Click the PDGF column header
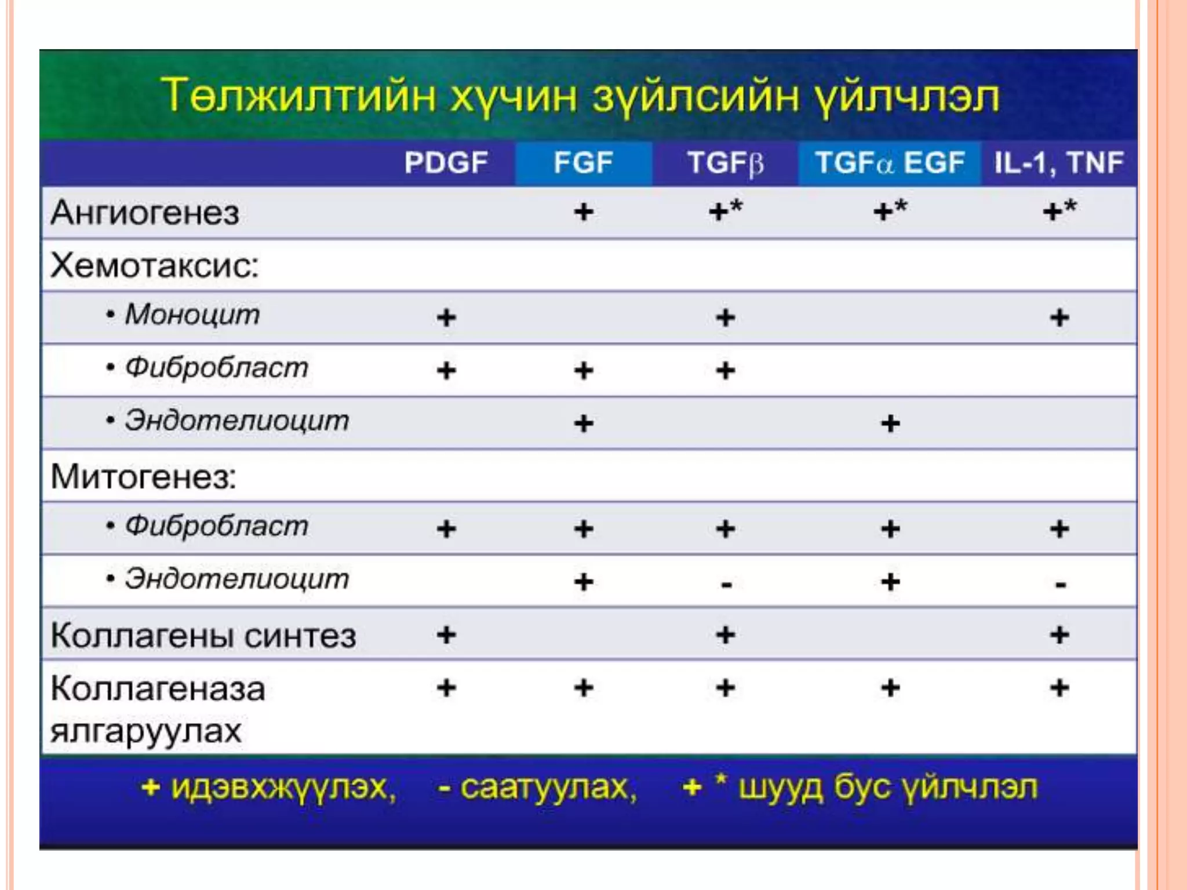(x=446, y=163)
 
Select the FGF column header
(x=582, y=163)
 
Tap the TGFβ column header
(x=725, y=163)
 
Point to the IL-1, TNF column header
(x=1059, y=163)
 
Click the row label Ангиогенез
(x=145, y=213)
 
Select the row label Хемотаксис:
(x=154, y=266)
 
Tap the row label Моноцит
(x=192, y=315)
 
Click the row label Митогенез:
(x=143, y=477)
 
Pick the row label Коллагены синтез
(x=203, y=636)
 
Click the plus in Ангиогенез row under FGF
(x=584, y=212)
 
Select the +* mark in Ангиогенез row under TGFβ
(x=725, y=211)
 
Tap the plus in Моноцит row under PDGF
(x=446, y=318)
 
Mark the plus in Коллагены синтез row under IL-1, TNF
(x=1059, y=635)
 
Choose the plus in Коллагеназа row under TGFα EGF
(x=890, y=688)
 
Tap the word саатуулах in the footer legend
(x=548, y=787)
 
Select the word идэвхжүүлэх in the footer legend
(x=283, y=787)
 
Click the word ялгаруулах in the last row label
(x=145, y=731)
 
